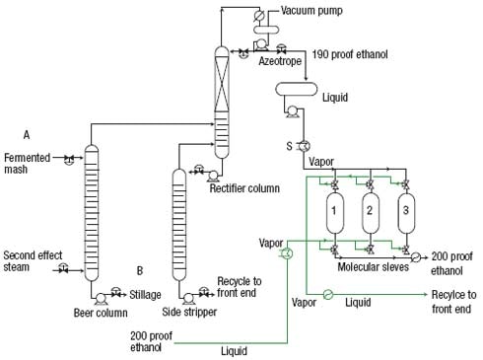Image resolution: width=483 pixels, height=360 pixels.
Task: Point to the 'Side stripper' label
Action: (x=187, y=313)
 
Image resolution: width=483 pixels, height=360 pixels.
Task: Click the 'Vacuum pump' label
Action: (x=309, y=11)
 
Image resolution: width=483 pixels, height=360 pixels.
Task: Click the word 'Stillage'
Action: (x=147, y=293)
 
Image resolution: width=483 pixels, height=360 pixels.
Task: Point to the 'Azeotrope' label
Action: (x=279, y=61)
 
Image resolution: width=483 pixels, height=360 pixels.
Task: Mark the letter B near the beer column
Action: (x=141, y=269)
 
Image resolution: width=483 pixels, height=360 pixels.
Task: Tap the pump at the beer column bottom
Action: (x=99, y=295)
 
